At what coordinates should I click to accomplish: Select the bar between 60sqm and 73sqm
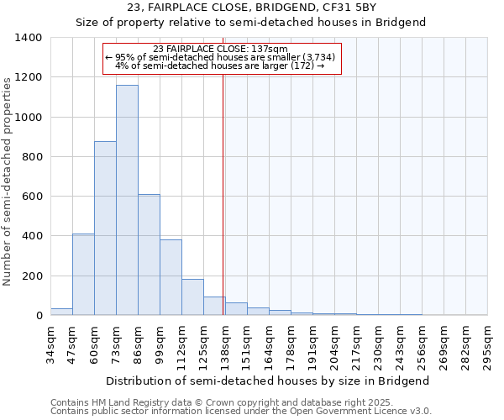tap(105, 228)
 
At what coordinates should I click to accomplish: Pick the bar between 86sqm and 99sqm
tap(149, 255)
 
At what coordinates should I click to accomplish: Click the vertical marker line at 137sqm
tap(223, 193)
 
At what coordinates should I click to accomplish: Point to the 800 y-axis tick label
tap(32, 157)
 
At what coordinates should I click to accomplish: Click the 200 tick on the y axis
tap(32, 276)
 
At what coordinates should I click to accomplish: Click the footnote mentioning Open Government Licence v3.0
tap(241, 412)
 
